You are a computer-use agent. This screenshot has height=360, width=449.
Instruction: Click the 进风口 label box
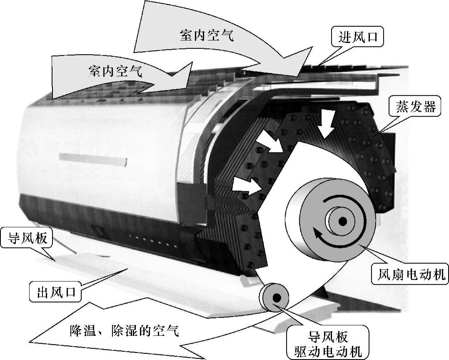pyautogui.click(x=357, y=37)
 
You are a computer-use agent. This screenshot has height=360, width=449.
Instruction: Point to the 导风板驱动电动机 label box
pyautogui.click(x=328, y=344)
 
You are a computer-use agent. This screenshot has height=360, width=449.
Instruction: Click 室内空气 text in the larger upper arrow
pyautogui.click(x=207, y=35)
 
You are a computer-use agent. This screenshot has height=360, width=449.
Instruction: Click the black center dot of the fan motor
pyautogui.click(x=342, y=222)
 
